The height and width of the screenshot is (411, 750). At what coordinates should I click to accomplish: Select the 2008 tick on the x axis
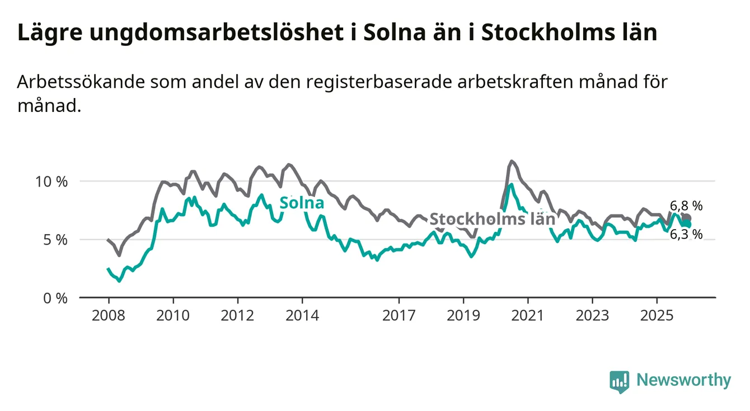coord(107,315)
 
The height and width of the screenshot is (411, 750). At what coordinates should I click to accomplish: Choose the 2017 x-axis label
coord(399,315)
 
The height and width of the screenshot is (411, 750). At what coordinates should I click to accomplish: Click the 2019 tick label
coord(463,315)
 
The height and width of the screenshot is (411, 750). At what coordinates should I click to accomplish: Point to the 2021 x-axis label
coord(528,315)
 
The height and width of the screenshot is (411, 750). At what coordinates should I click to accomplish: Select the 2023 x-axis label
coord(592,315)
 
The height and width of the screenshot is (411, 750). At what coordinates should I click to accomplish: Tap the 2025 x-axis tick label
coord(657,315)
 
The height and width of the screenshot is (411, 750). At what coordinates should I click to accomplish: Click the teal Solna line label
coord(302,203)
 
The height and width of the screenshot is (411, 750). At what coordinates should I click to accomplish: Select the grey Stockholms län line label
coord(492,219)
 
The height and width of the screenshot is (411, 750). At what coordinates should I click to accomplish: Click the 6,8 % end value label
coord(686,205)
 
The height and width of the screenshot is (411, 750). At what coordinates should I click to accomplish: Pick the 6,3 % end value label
coord(686,234)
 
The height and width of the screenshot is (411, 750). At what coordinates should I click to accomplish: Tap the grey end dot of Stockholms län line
coord(687,218)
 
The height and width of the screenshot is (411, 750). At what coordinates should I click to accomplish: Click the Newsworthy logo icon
coord(619,381)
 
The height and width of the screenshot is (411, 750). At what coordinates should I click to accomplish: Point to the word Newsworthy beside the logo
coord(684,381)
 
